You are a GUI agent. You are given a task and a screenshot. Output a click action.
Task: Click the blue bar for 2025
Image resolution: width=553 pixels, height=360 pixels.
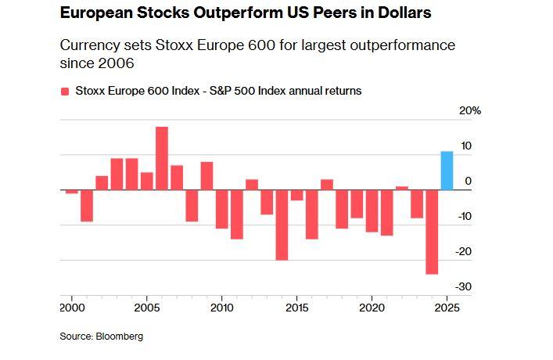447,170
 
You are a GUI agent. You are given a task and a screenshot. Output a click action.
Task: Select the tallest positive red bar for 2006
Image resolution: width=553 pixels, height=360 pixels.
162,158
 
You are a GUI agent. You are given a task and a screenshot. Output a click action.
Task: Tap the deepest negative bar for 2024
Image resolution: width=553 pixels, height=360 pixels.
432,232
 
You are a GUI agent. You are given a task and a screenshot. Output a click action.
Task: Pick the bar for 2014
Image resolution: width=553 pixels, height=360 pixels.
282,225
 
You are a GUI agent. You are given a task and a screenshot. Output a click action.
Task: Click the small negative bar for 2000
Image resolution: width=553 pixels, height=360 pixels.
72,192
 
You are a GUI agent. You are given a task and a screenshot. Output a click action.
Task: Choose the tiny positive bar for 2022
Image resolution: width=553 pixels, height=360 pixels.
402,188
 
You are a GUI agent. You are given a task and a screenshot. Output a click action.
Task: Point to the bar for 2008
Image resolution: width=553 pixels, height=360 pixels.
192,205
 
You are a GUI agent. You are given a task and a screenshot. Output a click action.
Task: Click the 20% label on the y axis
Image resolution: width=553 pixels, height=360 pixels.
469,111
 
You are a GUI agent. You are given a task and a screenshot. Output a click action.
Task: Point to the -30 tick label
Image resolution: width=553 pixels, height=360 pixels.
465,287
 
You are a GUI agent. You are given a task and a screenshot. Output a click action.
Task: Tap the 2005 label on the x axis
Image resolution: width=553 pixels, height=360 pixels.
147,308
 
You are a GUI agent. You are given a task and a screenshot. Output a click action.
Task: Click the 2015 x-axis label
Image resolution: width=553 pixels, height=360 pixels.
297,308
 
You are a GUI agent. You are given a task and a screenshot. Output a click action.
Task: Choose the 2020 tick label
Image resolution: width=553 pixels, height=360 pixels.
372,308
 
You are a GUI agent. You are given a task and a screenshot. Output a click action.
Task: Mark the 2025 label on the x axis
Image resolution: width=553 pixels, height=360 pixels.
447,308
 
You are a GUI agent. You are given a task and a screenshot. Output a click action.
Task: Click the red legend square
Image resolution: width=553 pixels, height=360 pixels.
65,92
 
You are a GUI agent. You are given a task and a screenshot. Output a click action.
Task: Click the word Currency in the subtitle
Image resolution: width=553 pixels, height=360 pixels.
89,45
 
